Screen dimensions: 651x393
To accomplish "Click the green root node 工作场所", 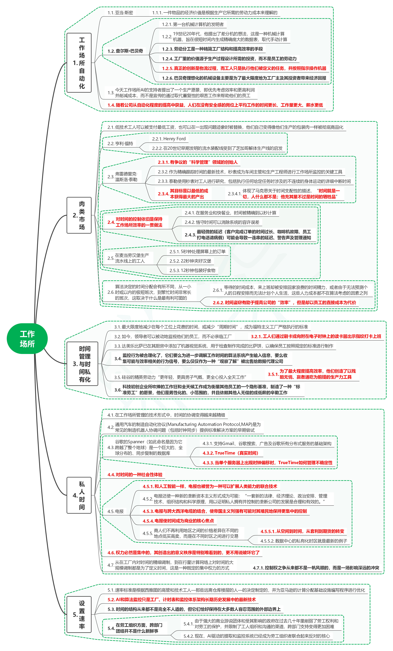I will (x=27, y=338).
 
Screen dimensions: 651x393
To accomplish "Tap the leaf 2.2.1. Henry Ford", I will (x=169, y=139).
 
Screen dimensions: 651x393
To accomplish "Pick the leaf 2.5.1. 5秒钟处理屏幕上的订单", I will (x=197, y=252).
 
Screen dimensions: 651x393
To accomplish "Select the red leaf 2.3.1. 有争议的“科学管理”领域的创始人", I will (x=198, y=162).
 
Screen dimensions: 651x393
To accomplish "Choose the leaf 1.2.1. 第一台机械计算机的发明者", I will (x=193, y=24).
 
